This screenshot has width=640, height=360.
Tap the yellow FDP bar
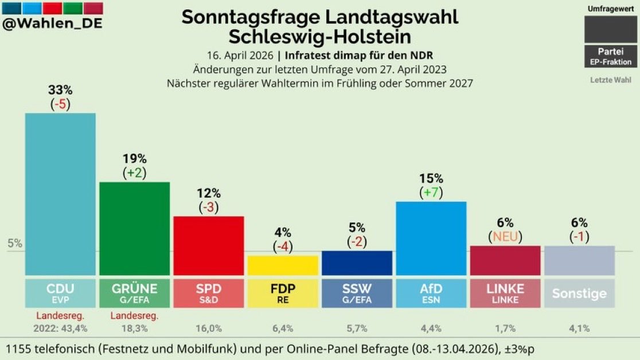283,265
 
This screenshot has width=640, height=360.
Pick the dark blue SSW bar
357,263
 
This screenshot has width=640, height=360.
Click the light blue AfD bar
431,238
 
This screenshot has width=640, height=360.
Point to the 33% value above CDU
60,91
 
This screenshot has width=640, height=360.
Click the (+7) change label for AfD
431,193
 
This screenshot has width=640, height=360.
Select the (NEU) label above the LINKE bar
505,236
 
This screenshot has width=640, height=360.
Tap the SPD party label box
209,293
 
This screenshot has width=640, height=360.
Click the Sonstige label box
579,294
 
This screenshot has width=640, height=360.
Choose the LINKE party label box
505,293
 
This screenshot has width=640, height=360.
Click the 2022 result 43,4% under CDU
60,328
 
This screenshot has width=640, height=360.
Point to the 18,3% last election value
134,328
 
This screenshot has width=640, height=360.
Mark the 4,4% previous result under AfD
431,328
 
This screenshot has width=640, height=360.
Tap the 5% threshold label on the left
15,243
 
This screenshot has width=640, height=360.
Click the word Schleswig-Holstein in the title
319,37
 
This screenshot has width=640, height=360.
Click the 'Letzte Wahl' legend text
611,80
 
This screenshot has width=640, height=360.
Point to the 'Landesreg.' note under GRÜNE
134,315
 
